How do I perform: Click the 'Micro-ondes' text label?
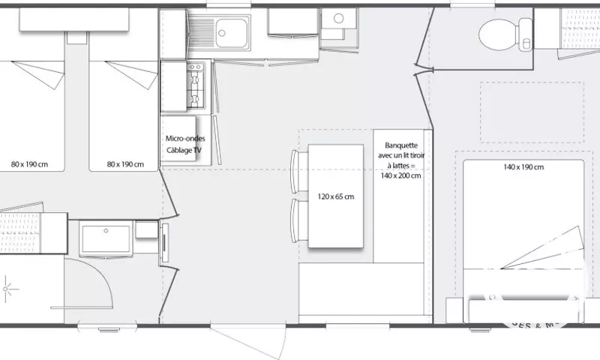pyautogui.click(x=184, y=138)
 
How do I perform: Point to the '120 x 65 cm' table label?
pyautogui.click(x=336, y=196)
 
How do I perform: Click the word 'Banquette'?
pyautogui.click(x=400, y=145)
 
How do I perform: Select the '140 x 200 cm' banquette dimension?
pyautogui.click(x=400, y=175)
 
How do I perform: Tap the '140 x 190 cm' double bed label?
pyautogui.click(x=523, y=166)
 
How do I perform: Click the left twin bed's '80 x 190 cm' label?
pyautogui.click(x=30, y=163)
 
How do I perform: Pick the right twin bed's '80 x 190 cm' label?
pyautogui.click(x=125, y=163)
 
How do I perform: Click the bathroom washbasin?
pyautogui.click(x=106, y=238)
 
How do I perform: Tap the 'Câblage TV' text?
pyautogui.click(x=184, y=150)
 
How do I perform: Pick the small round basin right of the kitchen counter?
pyautogui.click(x=337, y=18)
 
